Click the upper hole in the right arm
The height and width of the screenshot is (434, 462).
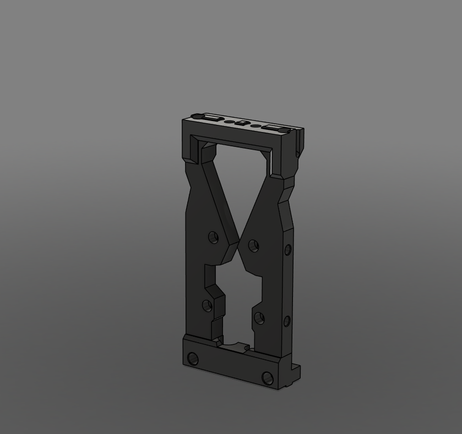[253, 245]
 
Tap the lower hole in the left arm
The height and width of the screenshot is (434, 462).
[208, 305]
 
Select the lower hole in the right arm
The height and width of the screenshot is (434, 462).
[258, 317]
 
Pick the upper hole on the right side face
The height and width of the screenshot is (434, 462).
[287, 250]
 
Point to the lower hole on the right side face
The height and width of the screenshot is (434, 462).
[287, 321]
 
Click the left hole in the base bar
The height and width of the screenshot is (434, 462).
[193, 359]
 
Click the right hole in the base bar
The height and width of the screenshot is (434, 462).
[268, 378]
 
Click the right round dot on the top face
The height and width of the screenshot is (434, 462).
[256, 125]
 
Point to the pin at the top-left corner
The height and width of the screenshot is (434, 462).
[195, 115]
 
